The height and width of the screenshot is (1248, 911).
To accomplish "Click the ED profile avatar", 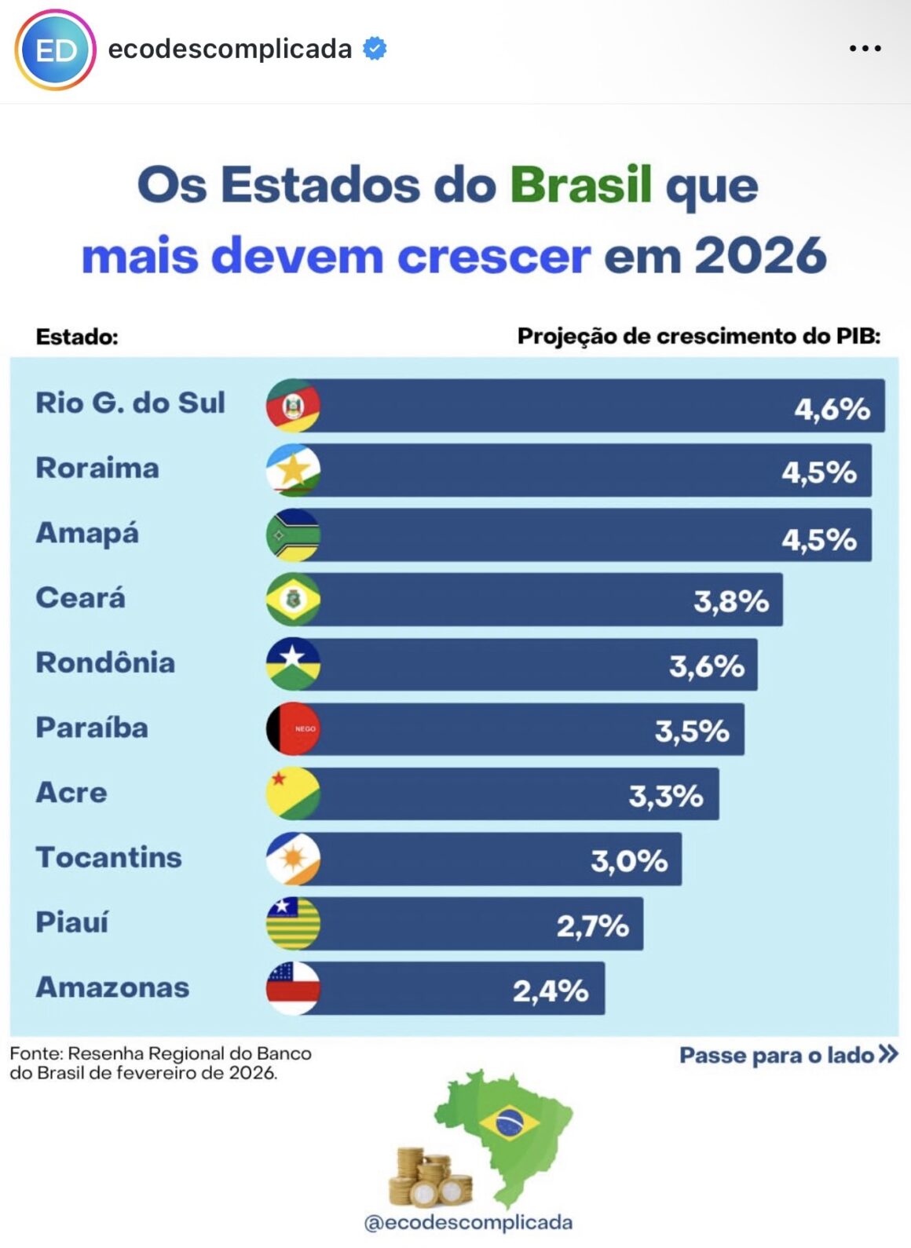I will [x=55, y=50].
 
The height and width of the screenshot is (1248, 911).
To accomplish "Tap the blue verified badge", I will [x=375, y=49].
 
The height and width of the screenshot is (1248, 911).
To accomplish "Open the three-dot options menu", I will [x=865, y=49].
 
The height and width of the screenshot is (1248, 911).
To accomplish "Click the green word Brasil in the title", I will [x=580, y=185].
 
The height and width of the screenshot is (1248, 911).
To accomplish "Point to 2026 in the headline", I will [x=759, y=256].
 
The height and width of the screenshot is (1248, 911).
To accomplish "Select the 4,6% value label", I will [x=832, y=409].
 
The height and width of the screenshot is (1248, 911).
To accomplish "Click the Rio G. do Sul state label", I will [x=130, y=403].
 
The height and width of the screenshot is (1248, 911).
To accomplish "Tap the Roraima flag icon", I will [x=293, y=470].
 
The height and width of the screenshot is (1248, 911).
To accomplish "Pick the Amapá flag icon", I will [x=293, y=535].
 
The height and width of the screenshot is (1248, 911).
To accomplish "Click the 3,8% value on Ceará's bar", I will [x=730, y=601].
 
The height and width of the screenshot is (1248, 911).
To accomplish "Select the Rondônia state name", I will [x=105, y=662].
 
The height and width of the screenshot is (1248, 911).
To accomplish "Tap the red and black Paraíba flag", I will [x=293, y=729].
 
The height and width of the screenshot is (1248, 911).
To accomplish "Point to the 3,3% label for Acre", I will [x=665, y=796].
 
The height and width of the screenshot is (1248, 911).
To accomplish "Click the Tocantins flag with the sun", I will [x=293, y=859].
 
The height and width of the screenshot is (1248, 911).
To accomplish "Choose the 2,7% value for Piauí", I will [x=592, y=926].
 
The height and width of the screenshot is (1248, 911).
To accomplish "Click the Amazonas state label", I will [x=112, y=987].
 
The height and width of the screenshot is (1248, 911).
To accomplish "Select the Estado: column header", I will [x=77, y=338].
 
